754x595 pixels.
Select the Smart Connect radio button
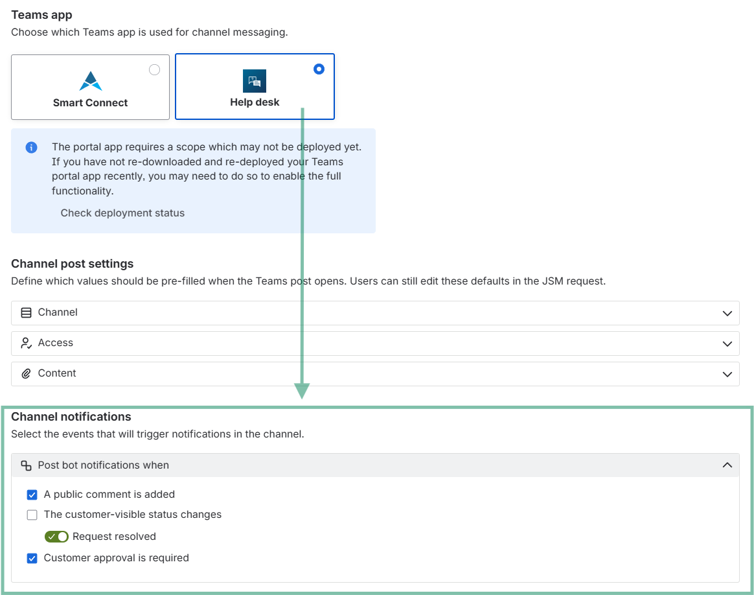click(154, 70)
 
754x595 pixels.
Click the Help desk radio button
click(319, 69)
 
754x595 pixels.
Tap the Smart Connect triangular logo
click(91, 81)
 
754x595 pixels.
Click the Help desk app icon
click(255, 81)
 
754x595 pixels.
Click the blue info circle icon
click(31, 147)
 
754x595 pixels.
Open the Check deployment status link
click(122, 213)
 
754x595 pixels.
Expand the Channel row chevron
click(727, 314)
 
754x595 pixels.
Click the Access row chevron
click(727, 344)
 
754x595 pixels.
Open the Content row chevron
click(727, 374)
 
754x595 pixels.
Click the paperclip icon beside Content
click(26, 374)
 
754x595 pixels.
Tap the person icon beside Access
click(26, 343)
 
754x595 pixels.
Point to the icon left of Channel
click(26, 312)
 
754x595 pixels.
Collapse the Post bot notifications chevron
click(727, 465)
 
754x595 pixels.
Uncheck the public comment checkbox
click(32, 495)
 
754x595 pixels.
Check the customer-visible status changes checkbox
click(32, 515)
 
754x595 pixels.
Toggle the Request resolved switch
click(57, 536)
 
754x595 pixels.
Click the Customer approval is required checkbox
click(32, 559)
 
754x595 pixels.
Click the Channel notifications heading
click(71, 417)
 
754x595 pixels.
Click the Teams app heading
click(42, 16)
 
